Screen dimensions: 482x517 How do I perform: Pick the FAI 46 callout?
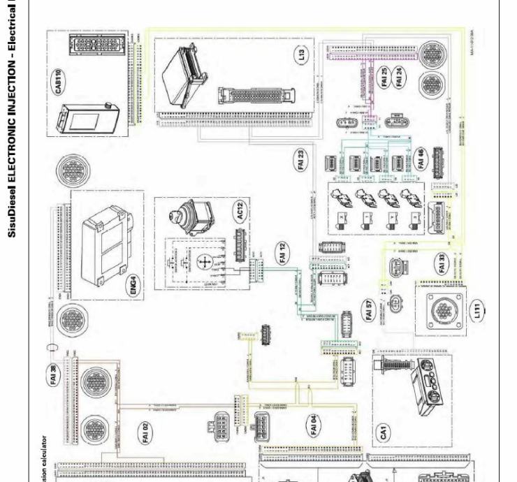(420, 159)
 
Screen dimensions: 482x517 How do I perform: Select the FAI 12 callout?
(283, 253)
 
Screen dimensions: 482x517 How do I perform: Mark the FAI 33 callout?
(442, 265)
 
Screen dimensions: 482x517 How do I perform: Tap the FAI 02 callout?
(145, 430)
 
